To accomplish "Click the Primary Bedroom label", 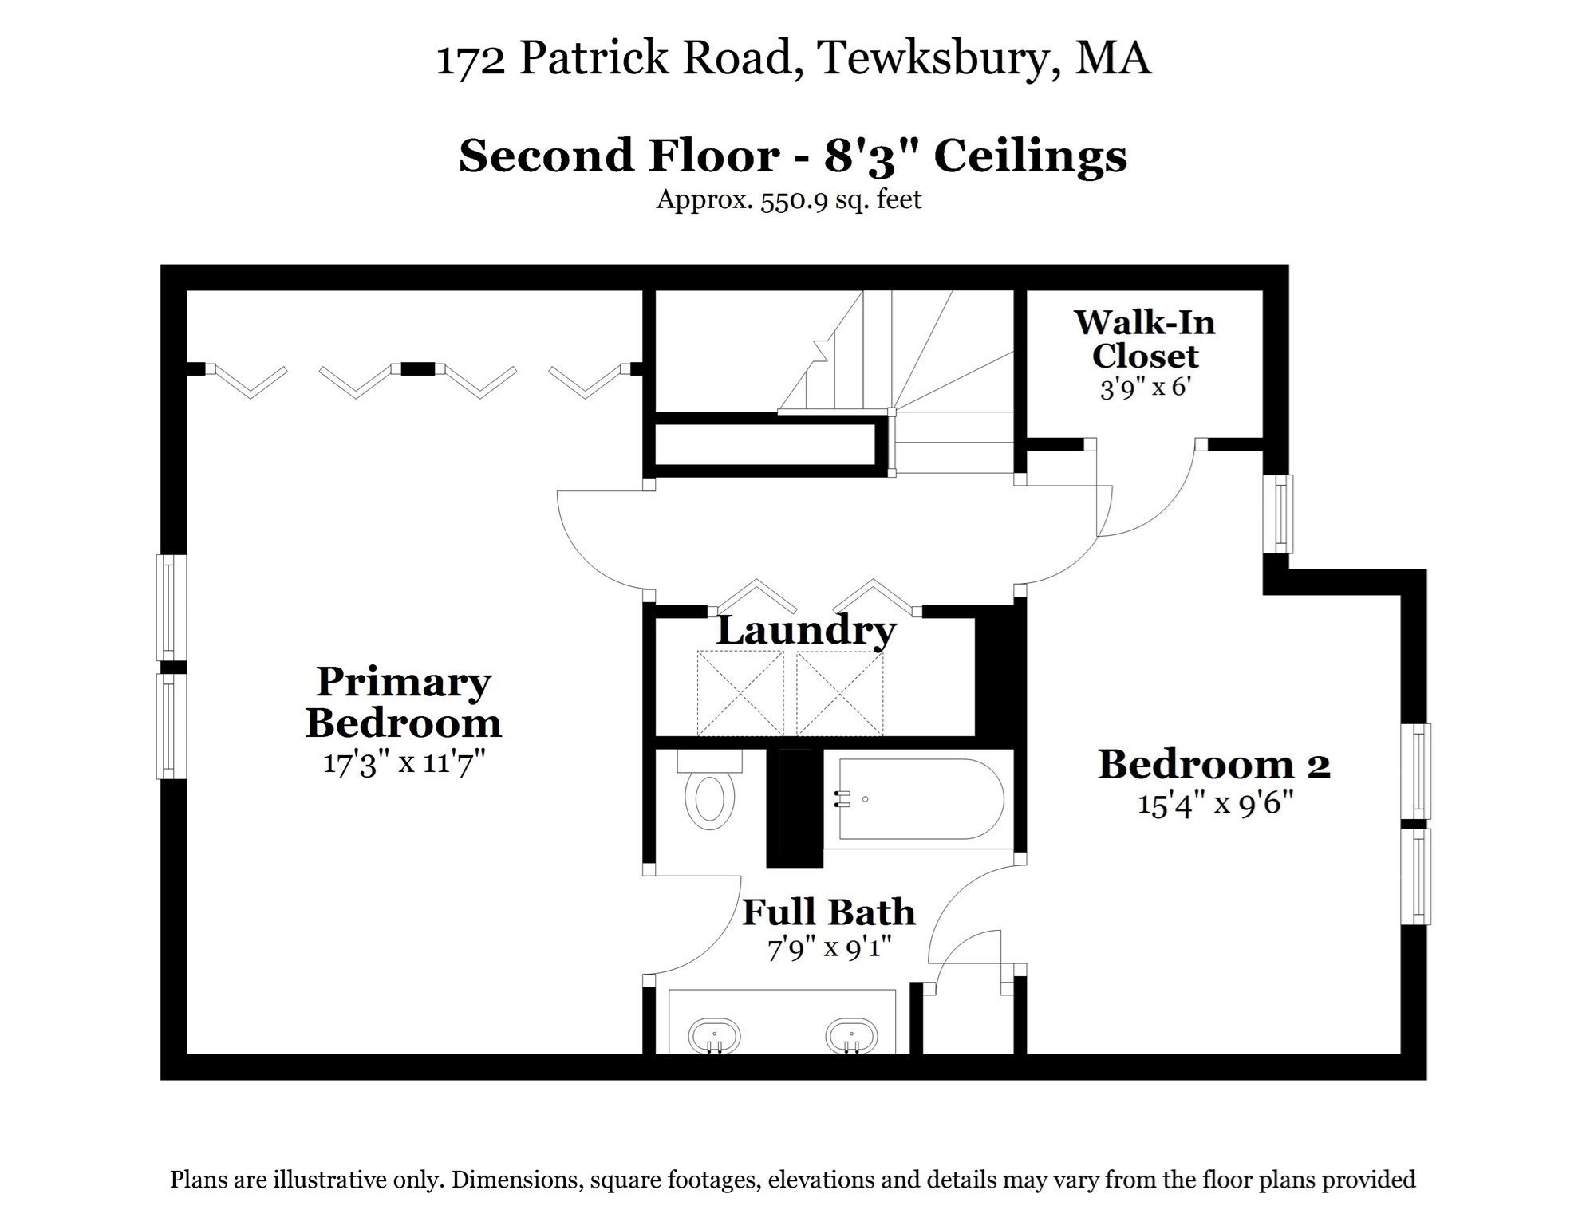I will (403, 703).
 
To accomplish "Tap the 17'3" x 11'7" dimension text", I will (404, 762).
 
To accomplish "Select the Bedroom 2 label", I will (1213, 764).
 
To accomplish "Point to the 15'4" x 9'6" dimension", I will (1214, 803).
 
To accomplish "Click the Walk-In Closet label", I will (1144, 339).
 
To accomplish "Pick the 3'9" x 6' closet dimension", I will (1145, 388).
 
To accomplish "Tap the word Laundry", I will (806, 630).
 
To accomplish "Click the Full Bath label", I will (828, 912).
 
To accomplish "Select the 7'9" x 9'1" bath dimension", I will (828, 949).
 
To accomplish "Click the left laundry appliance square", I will (740, 692).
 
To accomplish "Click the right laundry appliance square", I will (839, 692).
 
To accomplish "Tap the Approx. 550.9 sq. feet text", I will (788, 199).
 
